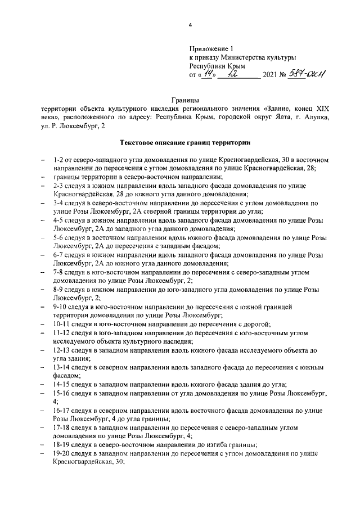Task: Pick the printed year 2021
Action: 271,75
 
